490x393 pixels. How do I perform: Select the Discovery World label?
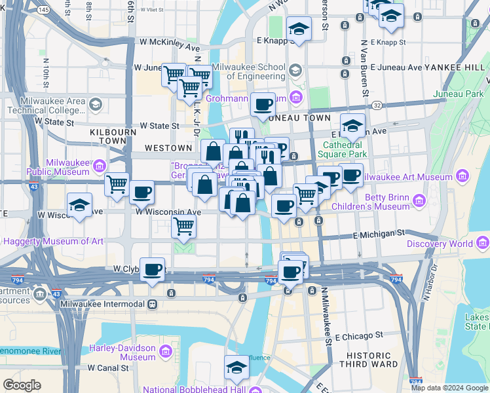(x=439, y=244)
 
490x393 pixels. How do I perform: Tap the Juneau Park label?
(x=458, y=94)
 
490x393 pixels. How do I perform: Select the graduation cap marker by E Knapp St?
(x=299, y=29)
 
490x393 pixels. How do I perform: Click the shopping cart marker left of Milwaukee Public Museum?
(x=117, y=184)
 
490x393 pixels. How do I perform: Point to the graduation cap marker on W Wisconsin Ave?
(x=79, y=205)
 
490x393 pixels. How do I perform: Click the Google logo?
(x=22, y=385)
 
